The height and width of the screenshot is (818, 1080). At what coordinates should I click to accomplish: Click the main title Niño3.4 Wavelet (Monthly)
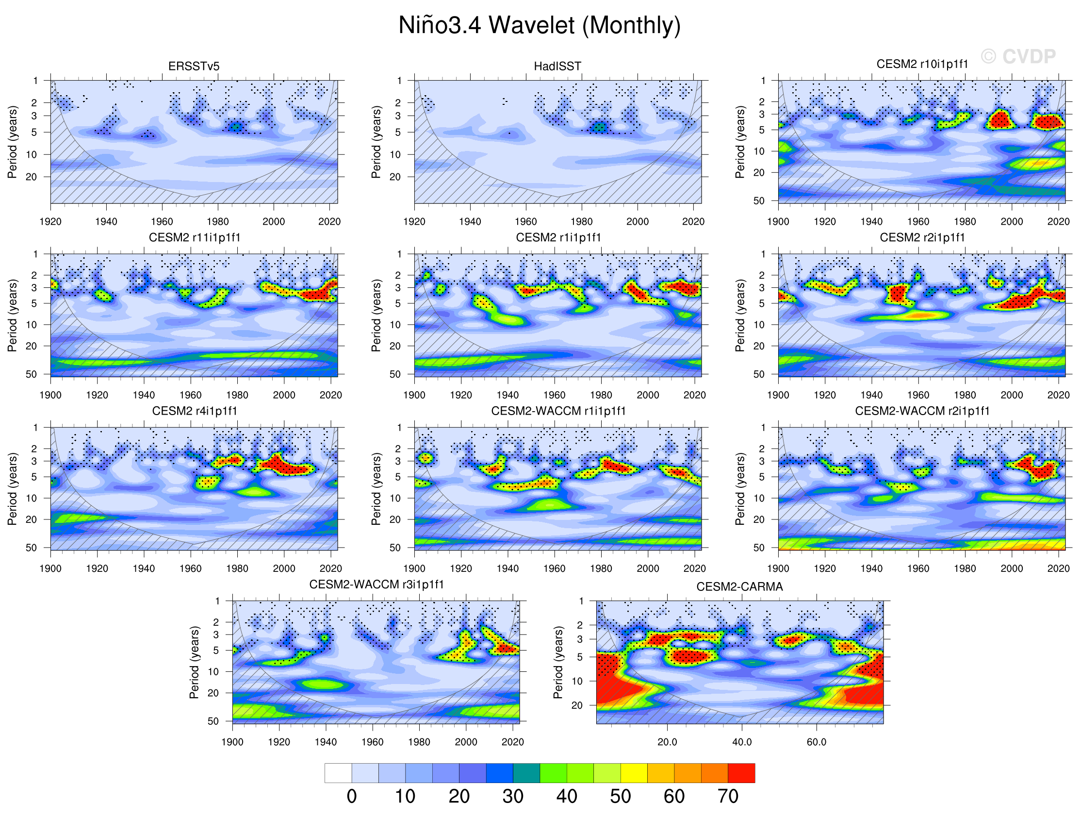pos(539,25)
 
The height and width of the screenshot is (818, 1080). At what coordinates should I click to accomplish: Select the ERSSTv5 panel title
pos(194,66)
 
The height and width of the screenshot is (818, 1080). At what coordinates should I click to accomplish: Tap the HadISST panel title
pos(557,66)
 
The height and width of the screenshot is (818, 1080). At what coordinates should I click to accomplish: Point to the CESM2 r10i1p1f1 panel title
pos(922,64)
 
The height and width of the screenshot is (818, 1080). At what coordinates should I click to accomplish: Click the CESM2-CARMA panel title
pos(739,586)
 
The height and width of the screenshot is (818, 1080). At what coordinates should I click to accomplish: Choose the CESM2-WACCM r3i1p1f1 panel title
pos(376,584)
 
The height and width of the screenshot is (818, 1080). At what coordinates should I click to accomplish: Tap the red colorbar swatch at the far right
pos(741,773)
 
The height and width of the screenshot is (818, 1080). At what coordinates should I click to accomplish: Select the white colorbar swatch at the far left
pos(338,773)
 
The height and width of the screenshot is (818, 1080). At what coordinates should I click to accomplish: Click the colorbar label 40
pos(566,797)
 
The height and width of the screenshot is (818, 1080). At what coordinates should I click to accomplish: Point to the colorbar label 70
pos(727,797)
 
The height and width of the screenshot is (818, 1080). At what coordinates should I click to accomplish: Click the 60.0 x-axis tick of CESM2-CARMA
pos(817,742)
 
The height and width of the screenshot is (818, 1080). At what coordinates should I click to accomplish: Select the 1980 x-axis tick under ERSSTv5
pos(218,221)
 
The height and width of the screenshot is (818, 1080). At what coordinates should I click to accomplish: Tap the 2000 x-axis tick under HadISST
pos(637,221)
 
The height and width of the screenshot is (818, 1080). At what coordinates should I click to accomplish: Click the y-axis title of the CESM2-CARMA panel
pos(557,662)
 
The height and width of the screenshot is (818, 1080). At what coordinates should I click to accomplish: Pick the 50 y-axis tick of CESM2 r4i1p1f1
pos(31,547)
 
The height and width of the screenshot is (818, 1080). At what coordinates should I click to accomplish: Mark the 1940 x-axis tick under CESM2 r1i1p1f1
pos(507,395)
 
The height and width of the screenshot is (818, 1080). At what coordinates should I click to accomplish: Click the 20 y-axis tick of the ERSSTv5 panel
pos(31,177)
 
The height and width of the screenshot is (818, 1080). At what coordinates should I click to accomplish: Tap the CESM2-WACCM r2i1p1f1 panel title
pos(922,411)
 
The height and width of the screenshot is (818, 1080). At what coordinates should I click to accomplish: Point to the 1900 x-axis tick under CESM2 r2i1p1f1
pos(778,395)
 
